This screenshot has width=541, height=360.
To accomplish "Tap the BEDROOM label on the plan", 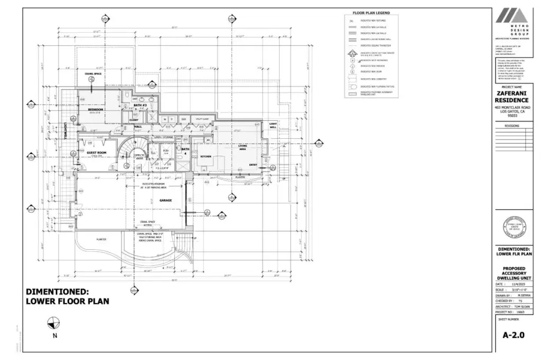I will coord(96,110).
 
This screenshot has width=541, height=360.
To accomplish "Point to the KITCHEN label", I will coord(205,157).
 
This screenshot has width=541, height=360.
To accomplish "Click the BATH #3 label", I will coord(139,105).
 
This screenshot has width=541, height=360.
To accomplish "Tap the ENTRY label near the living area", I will coord(253,165).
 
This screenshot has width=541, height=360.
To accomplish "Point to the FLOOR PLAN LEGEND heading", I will coord(371,13).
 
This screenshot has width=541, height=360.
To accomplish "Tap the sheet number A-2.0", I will coord(513,334).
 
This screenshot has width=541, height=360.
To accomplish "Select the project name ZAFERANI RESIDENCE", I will coord(512,97).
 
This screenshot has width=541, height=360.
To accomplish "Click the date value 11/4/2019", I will coord(520,283).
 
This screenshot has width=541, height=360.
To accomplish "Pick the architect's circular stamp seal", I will coord(512,228).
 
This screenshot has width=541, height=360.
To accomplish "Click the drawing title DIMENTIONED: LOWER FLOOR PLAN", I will coord(68,296).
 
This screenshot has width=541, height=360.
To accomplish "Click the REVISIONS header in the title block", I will coord(512,126).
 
